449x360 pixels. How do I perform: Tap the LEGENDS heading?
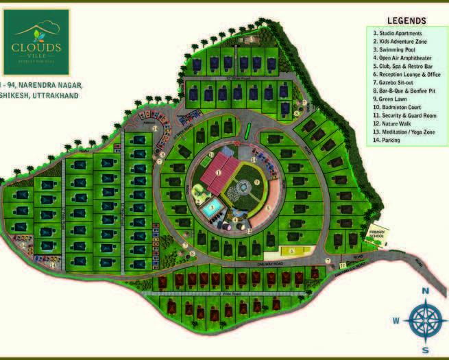coord(406,21)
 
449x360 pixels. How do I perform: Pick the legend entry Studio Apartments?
coord(398,33)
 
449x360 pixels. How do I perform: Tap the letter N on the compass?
coord(425,291)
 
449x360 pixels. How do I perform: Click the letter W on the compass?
coord(396,320)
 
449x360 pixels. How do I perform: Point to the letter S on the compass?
coord(425,350)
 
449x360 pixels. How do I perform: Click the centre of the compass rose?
coord(425,320)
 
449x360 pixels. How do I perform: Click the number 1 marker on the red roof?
coord(218,173)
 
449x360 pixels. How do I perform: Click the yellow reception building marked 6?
coord(291,251)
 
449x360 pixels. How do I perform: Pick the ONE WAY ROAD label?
coord(271,263)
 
